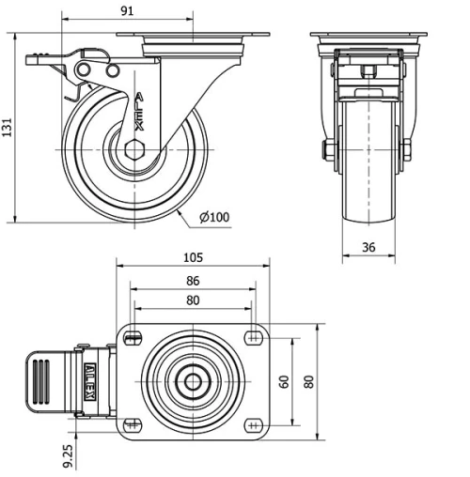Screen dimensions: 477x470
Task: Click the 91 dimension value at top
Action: click(128, 10)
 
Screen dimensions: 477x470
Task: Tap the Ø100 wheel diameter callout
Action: click(214, 218)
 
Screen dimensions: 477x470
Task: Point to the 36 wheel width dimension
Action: click(368, 247)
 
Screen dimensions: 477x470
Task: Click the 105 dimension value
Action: click(193, 258)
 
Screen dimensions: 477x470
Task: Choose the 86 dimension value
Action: click(192, 280)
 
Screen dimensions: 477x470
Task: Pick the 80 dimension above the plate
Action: click(192, 300)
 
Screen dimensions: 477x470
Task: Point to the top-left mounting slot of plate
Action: click(133, 337)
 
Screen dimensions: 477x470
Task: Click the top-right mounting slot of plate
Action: click(252, 337)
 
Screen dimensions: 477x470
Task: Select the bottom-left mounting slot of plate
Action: click(133, 424)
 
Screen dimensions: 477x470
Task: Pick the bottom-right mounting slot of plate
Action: click(252, 424)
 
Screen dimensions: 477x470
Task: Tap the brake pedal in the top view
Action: click(45, 381)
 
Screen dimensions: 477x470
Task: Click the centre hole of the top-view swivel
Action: click(193, 381)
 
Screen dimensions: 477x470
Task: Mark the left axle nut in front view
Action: click(330, 150)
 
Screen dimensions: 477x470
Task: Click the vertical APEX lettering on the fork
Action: click(140, 110)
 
